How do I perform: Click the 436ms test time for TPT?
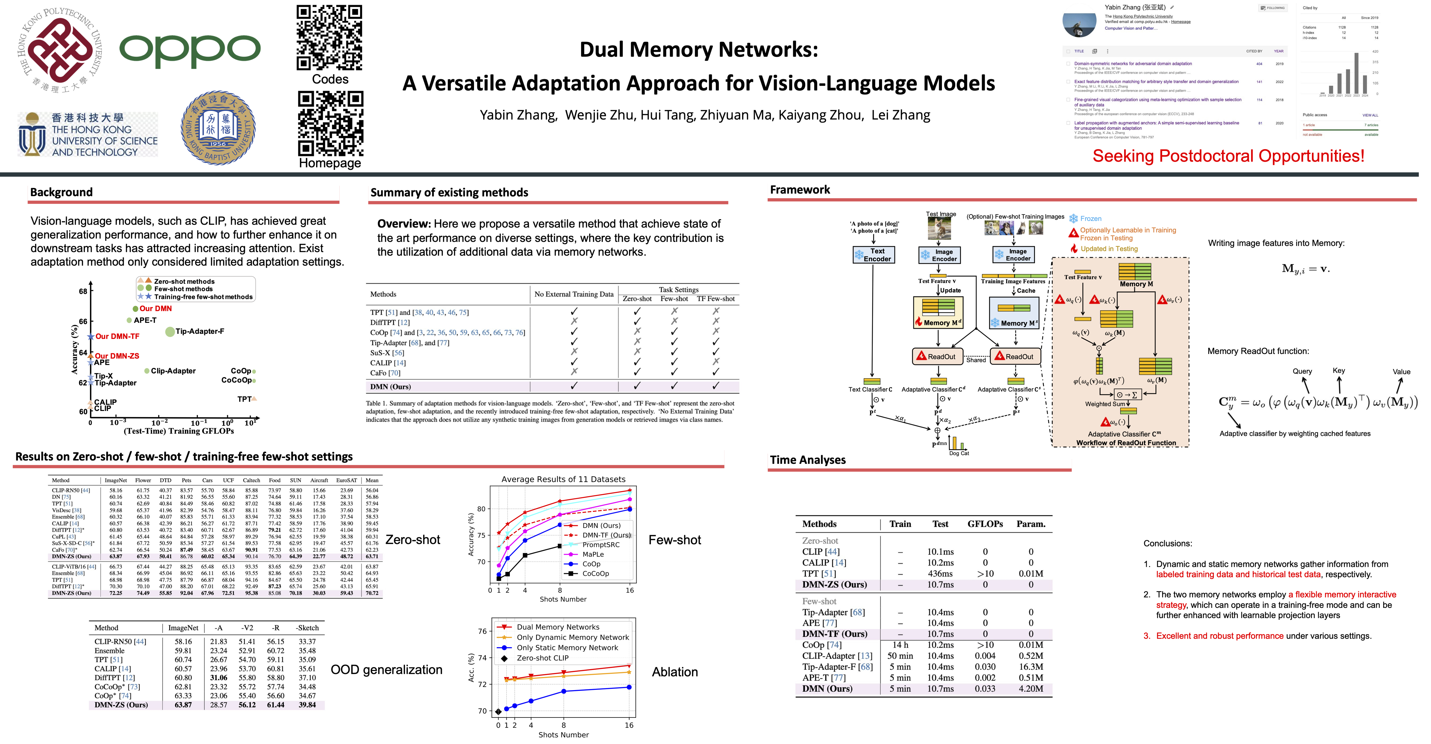click(940, 574)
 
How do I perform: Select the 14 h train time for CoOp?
click(900, 645)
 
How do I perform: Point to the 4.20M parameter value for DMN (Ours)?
click(1030, 688)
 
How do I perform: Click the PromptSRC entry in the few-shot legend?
click(601, 545)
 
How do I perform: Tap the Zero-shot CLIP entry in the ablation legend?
click(542, 658)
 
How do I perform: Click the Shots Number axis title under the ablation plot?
click(563, 735)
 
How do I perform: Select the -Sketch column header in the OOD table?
click(307, 628)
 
